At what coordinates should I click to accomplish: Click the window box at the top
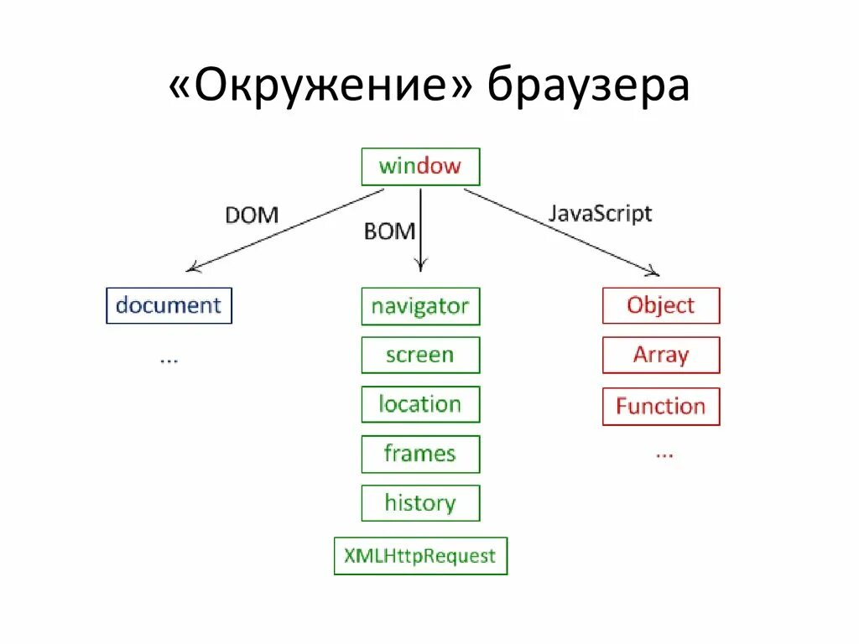coord(420,166)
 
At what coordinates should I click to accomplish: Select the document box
coord(169,305)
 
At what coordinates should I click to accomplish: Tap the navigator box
coord(420,306)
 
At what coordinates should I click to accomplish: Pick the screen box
coord(420,355)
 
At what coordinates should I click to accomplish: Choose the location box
coord(420,404)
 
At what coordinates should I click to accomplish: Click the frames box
coord(420,454)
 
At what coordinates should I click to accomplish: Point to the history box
coord(420,503)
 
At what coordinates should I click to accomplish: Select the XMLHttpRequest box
coord(420,555)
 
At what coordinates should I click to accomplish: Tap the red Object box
coord(661,305)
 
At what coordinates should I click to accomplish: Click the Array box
coord(661,355)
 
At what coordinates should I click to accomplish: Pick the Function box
coord(661,407)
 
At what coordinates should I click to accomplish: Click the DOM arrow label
coord(252,216)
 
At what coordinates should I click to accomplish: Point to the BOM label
coord(389,231)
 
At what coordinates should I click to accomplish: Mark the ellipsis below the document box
coord(169,358)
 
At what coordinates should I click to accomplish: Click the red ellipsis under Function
coord(664,453)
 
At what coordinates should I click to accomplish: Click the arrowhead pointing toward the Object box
coord(653,271)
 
